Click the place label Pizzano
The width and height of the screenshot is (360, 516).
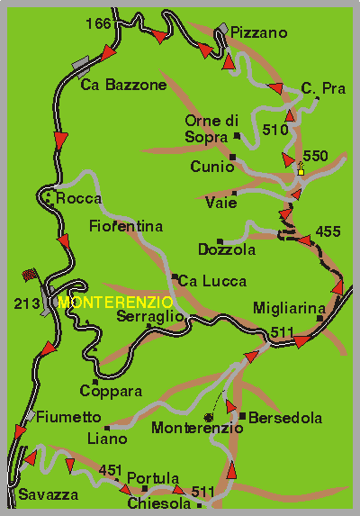[258, 33]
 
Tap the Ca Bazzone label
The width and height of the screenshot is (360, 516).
[123, 86]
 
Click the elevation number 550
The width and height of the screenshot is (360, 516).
[316, 156]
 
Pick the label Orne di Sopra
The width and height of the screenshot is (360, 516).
[211, 129]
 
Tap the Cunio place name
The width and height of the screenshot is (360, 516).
[211, 167]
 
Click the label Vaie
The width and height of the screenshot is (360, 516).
[220, 203]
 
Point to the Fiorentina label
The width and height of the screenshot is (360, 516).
[125, 226]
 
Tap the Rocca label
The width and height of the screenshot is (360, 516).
[78, 198]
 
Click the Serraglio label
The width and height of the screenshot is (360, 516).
[151, 317]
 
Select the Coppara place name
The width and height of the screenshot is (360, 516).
[111, 392]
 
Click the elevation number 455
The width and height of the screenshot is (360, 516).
[328, 232]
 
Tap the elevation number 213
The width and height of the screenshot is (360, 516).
[26, 304]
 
